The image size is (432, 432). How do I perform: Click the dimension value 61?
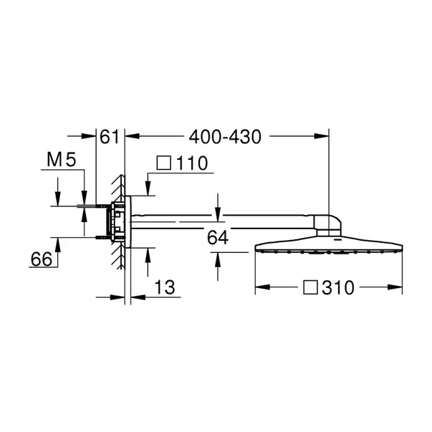[109, 137]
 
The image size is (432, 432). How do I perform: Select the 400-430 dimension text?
[225, 137]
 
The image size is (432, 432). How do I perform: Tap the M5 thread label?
[61, 160]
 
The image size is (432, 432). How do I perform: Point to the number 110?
[192, 163]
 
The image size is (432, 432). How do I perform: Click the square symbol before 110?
[164, 163]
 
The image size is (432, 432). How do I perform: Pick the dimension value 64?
[218, 238]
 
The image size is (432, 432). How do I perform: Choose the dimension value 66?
[42, 259]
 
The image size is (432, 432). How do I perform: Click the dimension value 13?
[165, 287]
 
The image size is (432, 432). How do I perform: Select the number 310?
[338, 288]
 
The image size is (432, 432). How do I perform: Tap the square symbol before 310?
[310, 287]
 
